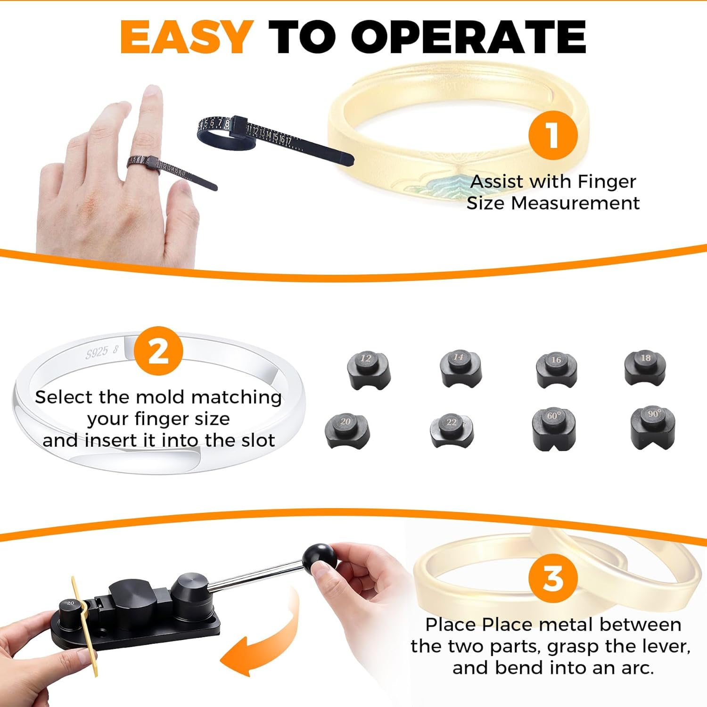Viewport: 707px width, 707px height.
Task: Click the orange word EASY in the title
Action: click(187, 38)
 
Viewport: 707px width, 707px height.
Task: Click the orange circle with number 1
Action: click(552, 135)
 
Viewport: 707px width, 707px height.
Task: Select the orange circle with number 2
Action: click(158, 351)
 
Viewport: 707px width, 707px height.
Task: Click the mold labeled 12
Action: click(368, 370)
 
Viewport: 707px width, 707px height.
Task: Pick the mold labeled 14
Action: click(460, 369)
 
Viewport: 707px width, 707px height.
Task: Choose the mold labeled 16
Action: click(556, 370)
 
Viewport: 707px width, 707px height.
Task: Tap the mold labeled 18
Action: click(645, 368)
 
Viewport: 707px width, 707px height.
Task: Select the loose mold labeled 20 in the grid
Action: click(347, 430)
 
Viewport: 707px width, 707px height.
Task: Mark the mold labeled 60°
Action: click(554, 428)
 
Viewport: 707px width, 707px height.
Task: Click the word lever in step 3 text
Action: click(669, 646)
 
